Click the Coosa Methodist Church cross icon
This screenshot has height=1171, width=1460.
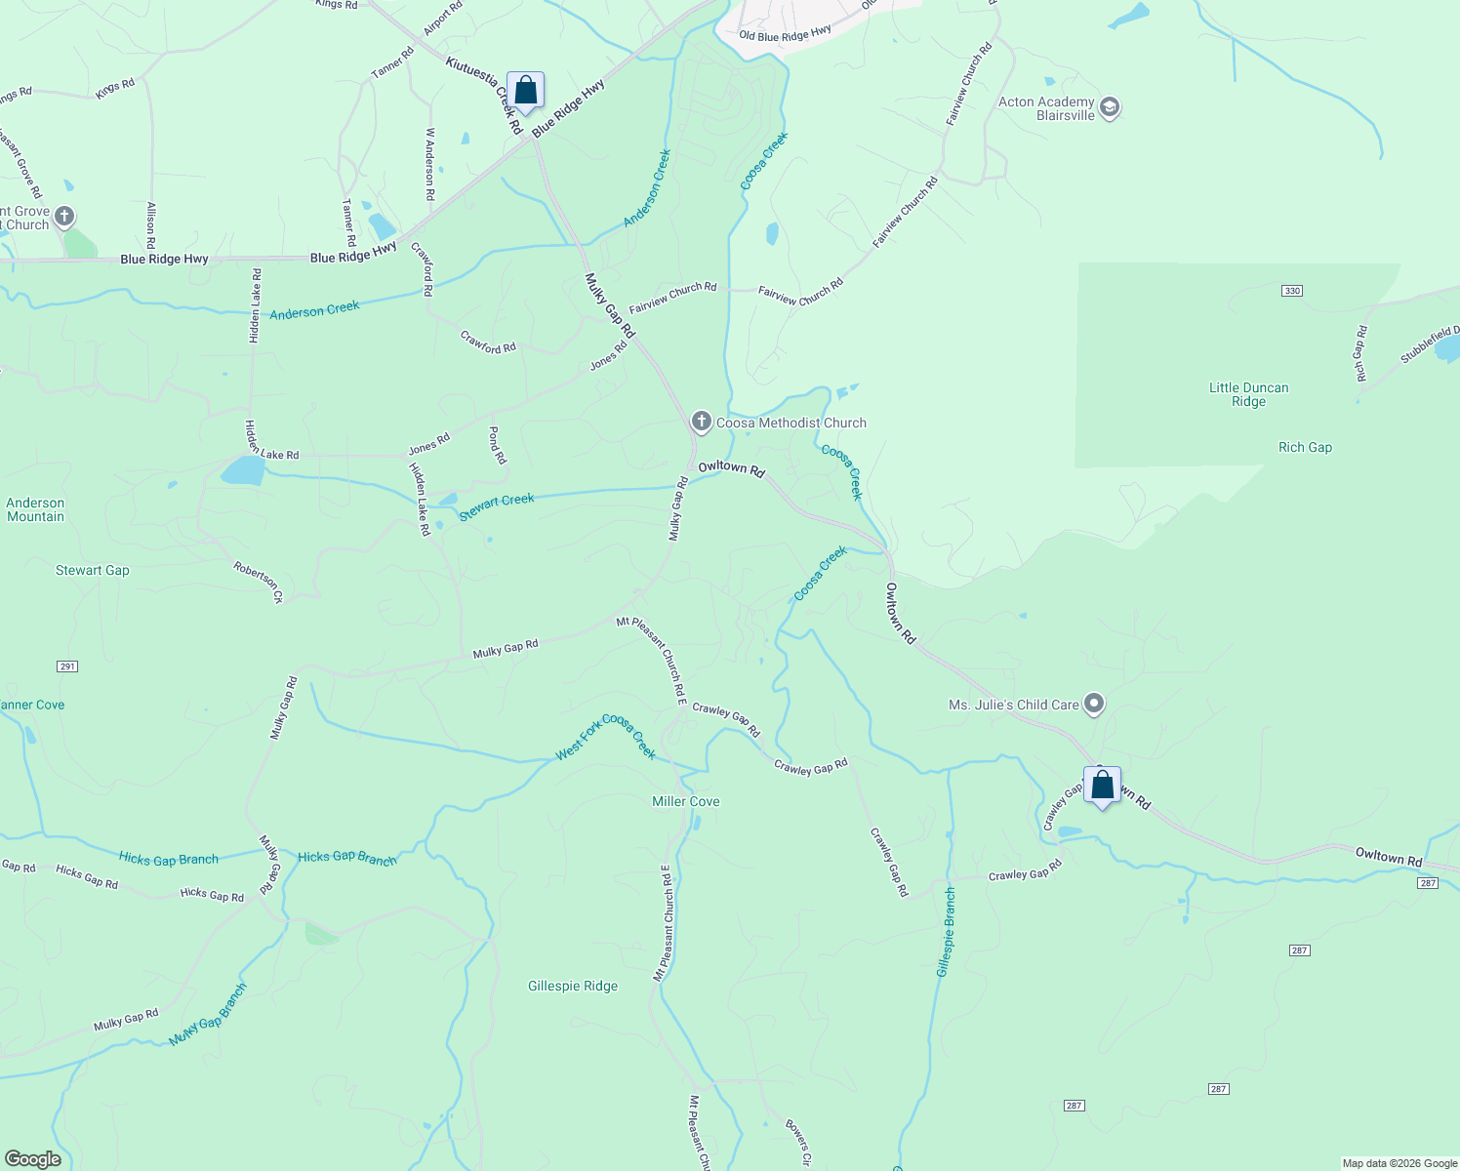click(x=701, y=422)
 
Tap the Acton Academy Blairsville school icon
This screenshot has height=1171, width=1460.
click(x=1109, y=107)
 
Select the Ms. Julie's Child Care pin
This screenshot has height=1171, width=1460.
click(x=1094, y=704)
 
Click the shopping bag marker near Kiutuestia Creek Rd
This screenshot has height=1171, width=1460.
click(x=525, y=91)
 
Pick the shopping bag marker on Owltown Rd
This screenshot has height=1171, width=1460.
click(x=1102, y=786)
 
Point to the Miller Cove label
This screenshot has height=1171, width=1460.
click(x=685, y=801)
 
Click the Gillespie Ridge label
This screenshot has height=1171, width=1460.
click(x=573, y=986)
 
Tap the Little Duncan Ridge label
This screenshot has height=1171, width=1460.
click(x=1248, y=394)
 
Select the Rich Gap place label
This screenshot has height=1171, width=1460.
click(x=1305, y=447)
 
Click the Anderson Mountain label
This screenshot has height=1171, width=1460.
click(x=35, y=509)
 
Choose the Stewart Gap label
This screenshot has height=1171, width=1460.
click(x=93, y=570)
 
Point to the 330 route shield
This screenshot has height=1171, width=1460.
click(x=1292, y=291)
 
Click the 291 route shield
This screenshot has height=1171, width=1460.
click(x=66, y=666)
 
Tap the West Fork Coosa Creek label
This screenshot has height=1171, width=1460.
click(x=605, y=738)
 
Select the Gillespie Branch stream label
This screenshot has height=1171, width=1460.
click(x=946, y=932)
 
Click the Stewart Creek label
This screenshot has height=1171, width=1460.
click(x=497, y=505)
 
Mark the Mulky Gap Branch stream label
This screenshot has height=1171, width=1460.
click(x=208, y=1015)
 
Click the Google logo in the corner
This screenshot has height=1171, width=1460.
click(x=32, y=1159)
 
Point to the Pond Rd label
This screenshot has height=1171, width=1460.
click(x=497, y=445)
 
